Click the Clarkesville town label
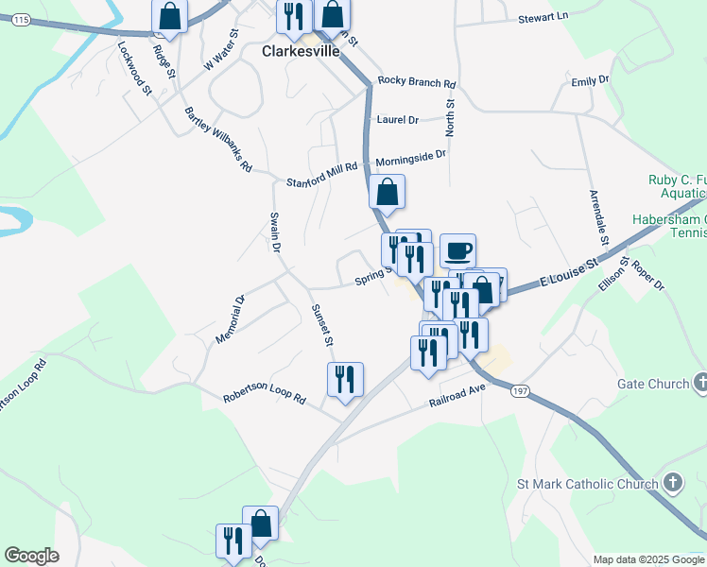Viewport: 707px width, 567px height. click(x=300, y=52)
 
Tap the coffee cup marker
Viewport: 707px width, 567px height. click(x=457, y=250)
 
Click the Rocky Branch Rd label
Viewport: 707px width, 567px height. click(x=417, y=82)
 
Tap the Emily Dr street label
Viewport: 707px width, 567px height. click(x=591, y=81)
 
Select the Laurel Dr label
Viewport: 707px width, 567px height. click(x=397, y=120)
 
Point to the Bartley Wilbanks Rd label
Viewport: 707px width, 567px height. click(x=218, y=139)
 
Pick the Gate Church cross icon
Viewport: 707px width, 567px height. click(x=699, y=383)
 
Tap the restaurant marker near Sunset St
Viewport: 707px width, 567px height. click(x=345, y=378)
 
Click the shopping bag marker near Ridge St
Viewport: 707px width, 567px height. click(x=169, y=14)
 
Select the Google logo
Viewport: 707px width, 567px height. click(x=31, y=556)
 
